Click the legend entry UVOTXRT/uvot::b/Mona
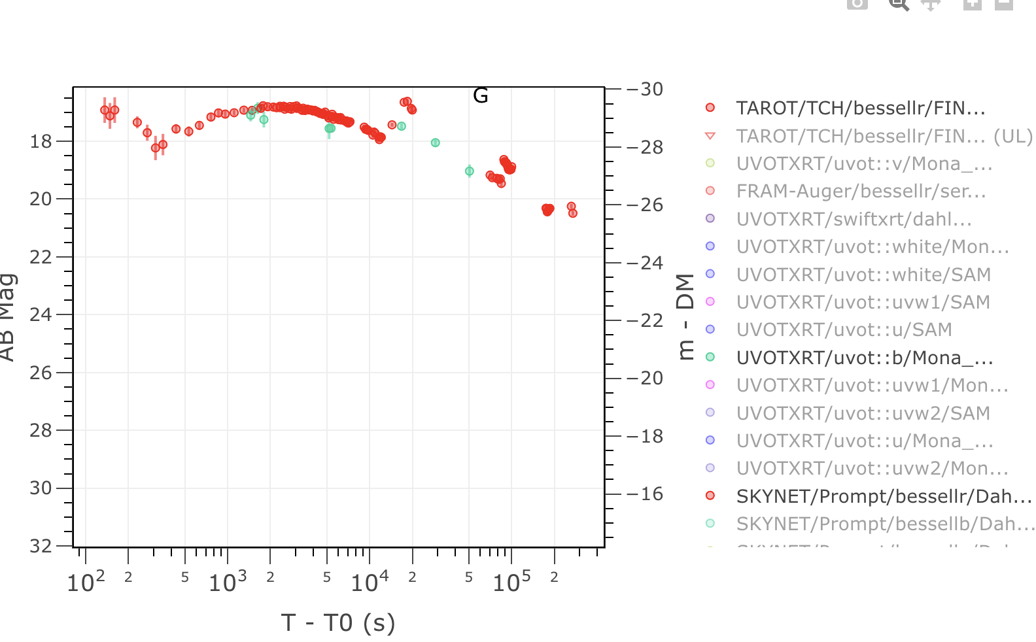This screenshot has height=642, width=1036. pyautogui.click(x=865, y=358)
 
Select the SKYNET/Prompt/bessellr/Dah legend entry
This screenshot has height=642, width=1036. pyautogui.click(x=884, y=496)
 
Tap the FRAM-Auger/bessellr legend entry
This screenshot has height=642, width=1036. pyautogui.click(x=861, y=191)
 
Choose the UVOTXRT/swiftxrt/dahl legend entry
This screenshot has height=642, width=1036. pyautogui.click(x=854, y=219)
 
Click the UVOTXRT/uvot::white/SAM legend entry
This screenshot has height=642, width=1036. pyautogui.click(x=863, y=275)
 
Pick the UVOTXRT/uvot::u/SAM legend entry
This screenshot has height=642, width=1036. pyautogui.click(x=844, y=329)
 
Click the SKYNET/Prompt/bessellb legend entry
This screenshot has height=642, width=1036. pyautogui.click(x=886, y=524)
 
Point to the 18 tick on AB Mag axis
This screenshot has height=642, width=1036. pyautogui.click(x=41, y=141)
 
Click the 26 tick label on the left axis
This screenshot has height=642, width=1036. pyautogui.click(x=41, y=373)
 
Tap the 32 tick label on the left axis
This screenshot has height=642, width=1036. pyautogui.click(x=41, y=546)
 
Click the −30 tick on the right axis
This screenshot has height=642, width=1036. pyautogui.click(x=645, y=89)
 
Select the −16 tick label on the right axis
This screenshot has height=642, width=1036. pyautogui.click(x=645, y=494)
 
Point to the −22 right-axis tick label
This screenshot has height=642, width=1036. pyautogui.click(x=645, y=320)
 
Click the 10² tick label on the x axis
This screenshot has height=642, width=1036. pyautogui.click(x=86, y=581)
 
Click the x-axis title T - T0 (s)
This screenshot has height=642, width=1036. pyautogui.click(x=338, y=623)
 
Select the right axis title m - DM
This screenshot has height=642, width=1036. pyautogui.click(x=685, y=316)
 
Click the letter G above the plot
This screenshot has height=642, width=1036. pyautogui.click(x=481, y=96)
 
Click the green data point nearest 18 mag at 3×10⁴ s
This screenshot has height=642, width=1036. pyautogui.click(x=436, y=143)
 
